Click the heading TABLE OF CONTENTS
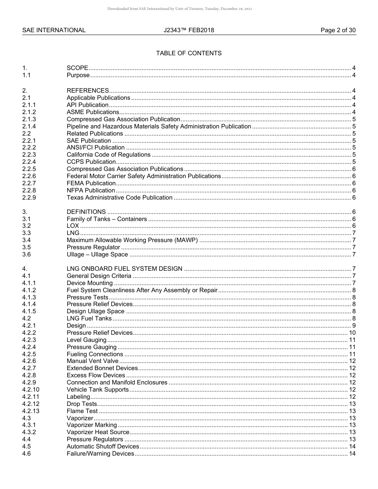tap(189, 53)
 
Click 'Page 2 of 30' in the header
tap(338, 30)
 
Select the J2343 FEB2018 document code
tap(189, 30)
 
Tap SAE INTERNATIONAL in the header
tap(54, 30)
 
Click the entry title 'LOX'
tap(73, 226)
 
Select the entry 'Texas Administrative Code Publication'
tap(119, 198)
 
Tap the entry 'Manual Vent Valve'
tap(92, 361)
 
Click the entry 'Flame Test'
tap(82, 411)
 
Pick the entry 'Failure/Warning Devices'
tap(100, 454)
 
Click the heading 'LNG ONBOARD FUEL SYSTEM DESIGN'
tap(125, 269)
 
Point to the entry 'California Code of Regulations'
tap(109, 155)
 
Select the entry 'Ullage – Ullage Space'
tap(97, 254)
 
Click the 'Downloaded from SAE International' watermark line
tap(179, 8)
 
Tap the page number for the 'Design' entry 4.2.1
tap(354, 326)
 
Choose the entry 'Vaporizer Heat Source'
tap(98, 432)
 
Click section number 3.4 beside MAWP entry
tap(26, 240)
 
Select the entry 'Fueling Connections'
tap(95, 354)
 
